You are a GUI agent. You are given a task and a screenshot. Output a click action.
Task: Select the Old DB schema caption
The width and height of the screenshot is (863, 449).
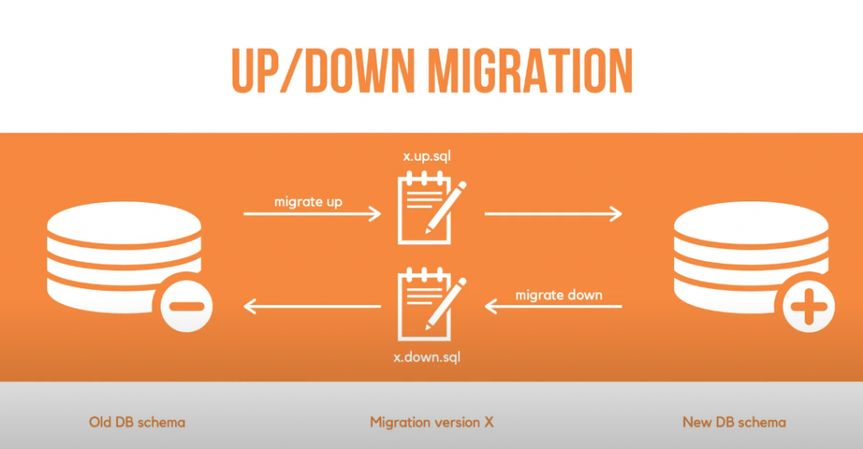[x=137, y=421]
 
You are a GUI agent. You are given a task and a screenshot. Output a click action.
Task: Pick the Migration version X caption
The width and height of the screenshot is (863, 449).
[x=431, y=421]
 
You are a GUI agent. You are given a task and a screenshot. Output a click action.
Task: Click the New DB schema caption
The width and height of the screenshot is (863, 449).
[x=732, y=421]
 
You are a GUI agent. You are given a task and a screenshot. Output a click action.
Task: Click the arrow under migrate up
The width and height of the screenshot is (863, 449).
[x=312, y=215]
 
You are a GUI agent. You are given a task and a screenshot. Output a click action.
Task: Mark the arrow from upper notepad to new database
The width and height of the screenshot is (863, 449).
[x=553, y=215]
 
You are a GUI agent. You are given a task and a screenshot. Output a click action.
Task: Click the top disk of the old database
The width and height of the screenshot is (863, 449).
[x=125, y=221]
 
